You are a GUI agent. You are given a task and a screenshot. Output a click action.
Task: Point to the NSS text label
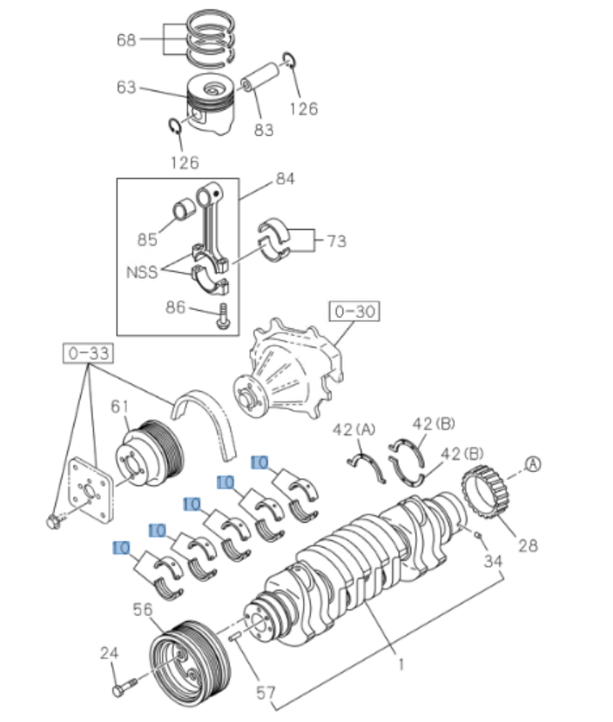[141, 271]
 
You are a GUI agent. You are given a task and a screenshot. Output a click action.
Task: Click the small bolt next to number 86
[225, 315]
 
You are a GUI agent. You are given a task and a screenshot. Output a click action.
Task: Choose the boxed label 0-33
[87, 354]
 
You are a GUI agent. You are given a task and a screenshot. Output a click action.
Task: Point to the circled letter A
[532, 464]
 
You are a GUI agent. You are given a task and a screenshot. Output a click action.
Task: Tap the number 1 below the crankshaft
[401, 665]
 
